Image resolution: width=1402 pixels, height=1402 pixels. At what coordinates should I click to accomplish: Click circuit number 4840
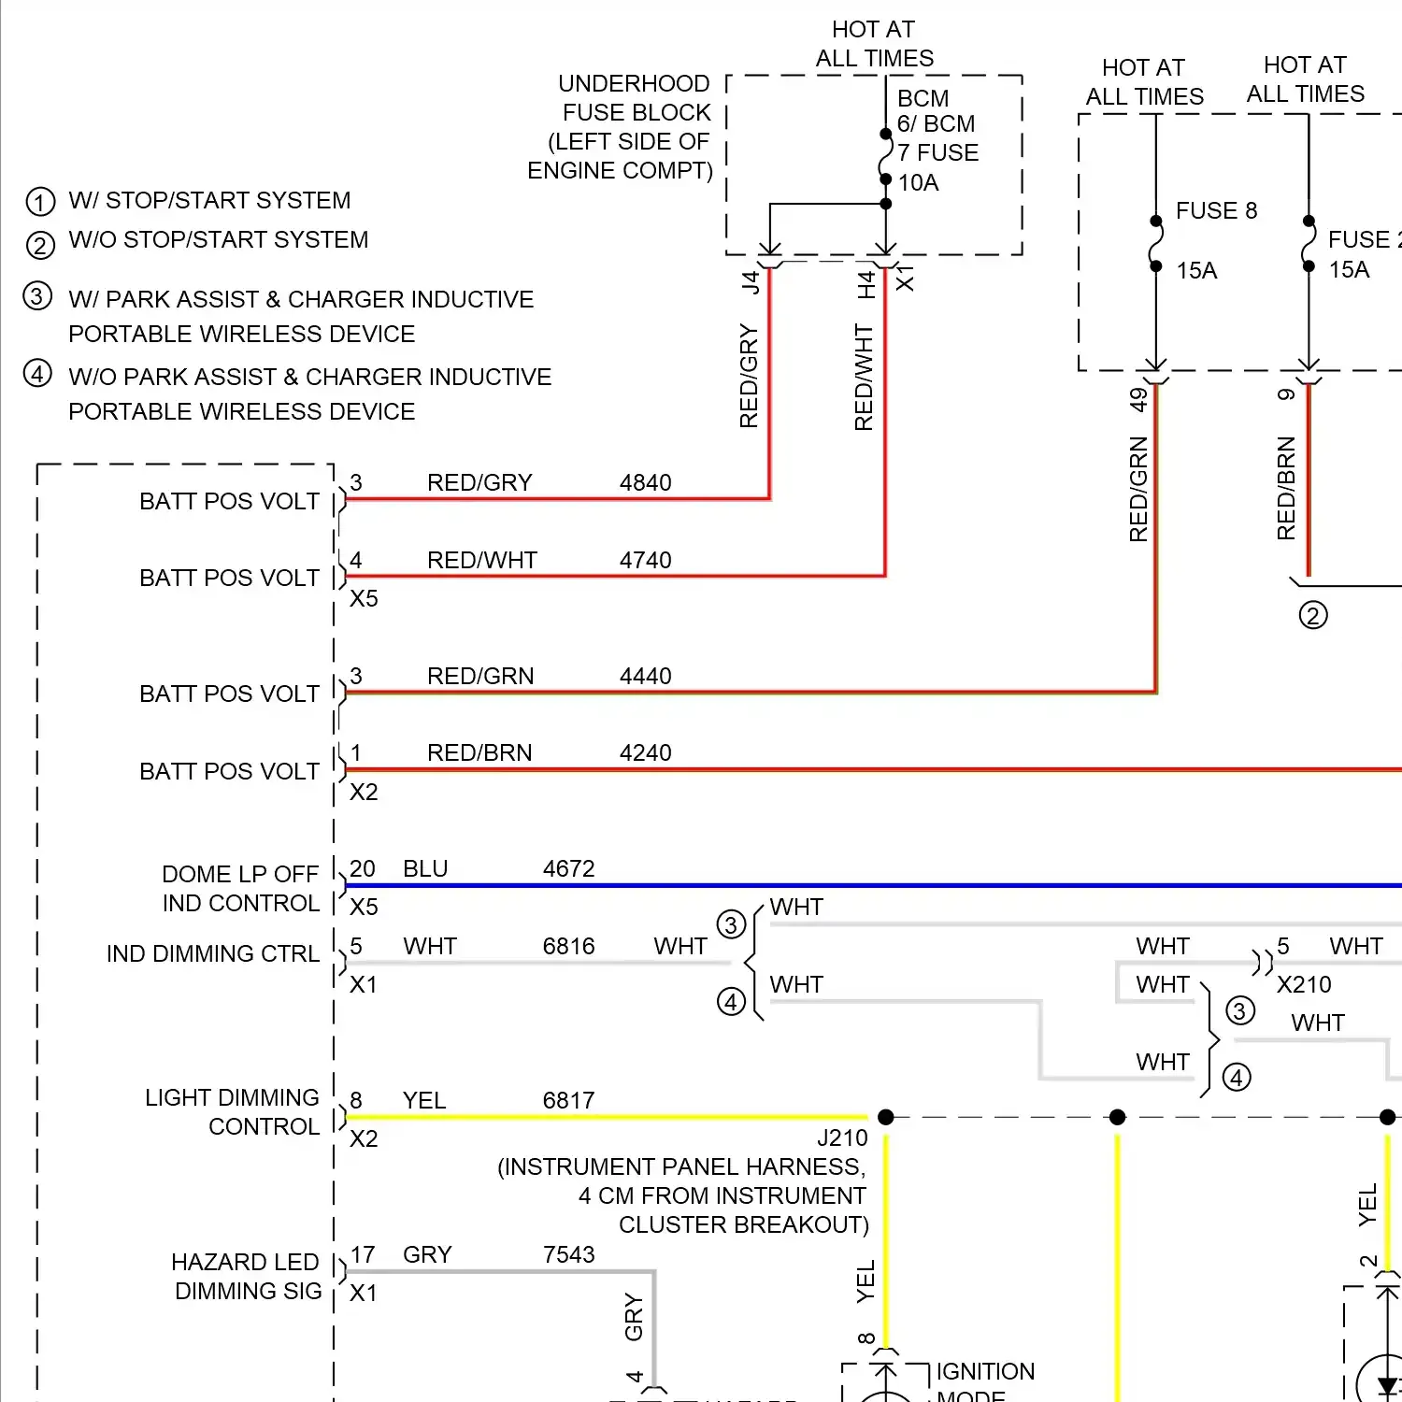pyautogui.click(x=645, y=483)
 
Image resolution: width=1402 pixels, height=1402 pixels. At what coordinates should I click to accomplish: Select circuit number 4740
pyautogui.click(x=645, y=561)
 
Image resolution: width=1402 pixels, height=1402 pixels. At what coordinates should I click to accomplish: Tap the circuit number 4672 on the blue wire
pyautogui.click(x=568, y=869)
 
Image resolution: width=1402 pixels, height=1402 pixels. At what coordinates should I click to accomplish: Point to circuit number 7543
pyautogui.click(x=568, y=1255)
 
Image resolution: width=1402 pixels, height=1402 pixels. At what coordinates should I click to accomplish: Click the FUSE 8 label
pyautogui.click(x=1216, y=211)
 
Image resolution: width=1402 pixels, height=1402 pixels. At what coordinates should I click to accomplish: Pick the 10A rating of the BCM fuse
pyautogui.click(x=918, y=183)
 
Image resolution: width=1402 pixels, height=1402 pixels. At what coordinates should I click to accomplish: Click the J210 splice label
pyautogui.click(x=842, y=1138)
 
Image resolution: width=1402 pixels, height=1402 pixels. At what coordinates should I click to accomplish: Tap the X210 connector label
pyautogui.click(x=1304, y=985)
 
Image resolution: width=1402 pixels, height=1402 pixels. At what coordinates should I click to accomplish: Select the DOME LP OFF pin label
pyautogui.click(x=240, y=875)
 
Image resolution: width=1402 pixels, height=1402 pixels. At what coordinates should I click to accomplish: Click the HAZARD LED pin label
pyautogui.click(x=245, y=1263)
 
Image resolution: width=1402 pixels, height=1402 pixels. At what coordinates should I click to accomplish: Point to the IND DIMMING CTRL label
pyautogui.click(x=213, y=954)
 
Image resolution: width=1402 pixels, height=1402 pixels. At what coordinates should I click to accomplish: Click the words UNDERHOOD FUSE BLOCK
pyautogui.click(x=636, y=98)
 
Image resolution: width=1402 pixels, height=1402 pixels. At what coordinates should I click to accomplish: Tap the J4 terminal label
pyautogui.click(x=751, y=281)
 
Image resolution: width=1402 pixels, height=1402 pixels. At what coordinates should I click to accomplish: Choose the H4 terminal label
pyautogui.click(x=866, y=284)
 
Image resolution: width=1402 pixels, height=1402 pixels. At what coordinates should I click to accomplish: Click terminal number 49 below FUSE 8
pyautogui.click(x=1137, y=400)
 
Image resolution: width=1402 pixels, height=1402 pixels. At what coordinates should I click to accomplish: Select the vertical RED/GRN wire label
pyautogui.click(x=1138, y=489)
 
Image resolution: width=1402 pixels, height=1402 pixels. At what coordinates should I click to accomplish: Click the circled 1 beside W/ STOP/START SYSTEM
pyautogui.click(x=40, y=202)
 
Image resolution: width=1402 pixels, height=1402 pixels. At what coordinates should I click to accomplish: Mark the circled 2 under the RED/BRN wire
pyautogui.click(x=1313, y=616)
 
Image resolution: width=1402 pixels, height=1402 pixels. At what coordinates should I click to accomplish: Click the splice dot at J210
pyautogui.click(x=886, y=1117)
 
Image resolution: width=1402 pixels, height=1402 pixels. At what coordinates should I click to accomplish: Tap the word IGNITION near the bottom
pyautogui.click(x=985, y=1372)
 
